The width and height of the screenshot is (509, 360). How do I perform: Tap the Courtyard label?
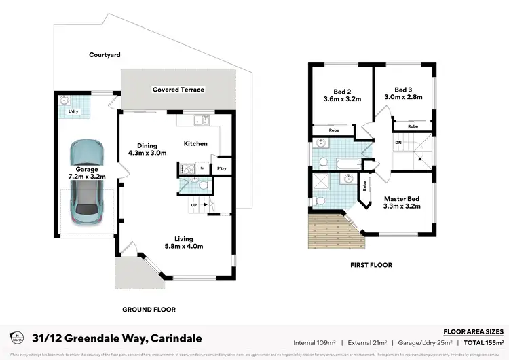105,55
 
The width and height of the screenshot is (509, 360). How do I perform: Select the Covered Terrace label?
178,90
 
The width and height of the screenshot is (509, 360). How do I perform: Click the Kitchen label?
196,143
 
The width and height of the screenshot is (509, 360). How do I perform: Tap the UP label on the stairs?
193,204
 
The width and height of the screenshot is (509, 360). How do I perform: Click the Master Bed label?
402,202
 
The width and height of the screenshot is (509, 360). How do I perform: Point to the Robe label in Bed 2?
334,130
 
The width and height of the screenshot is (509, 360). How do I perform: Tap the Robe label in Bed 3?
413,126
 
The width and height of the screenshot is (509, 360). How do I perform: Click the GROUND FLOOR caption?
149,310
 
